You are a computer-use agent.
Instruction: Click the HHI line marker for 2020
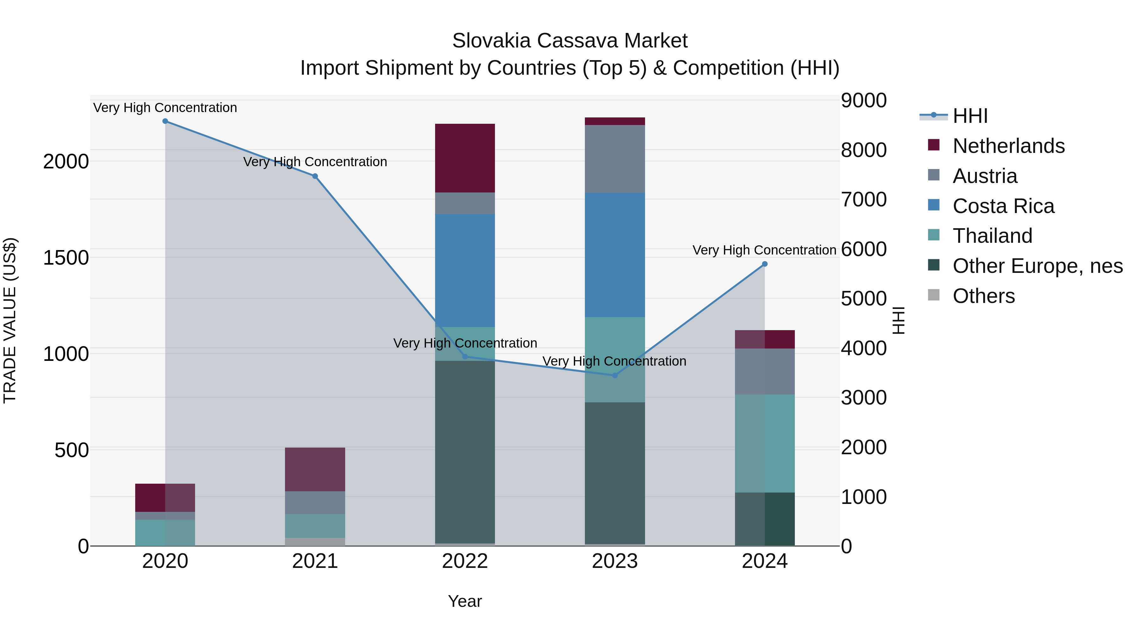[x=165, y=121]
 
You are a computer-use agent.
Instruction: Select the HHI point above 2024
[x=765, y=264]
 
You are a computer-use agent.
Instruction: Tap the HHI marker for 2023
[x=615, y=375]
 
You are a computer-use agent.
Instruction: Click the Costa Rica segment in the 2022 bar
[x=465, y=270]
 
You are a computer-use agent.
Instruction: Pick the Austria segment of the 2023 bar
[x=615, y=159]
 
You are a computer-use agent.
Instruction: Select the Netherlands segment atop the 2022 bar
[x=465, y=158]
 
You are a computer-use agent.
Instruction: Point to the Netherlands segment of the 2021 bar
[x=315, y=469]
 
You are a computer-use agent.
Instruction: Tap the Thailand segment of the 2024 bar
[x=765, y=443]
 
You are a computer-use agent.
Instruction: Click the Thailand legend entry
[x=992, y=236]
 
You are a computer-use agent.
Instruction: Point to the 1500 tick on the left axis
[x=66, y=257]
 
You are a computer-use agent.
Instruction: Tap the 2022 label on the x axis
[x=465, y=561]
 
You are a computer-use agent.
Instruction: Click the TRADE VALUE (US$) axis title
[x=10, y=320]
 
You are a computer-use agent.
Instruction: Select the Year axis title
[x=465, y=601]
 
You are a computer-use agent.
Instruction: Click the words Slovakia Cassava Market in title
[x=570, y=41]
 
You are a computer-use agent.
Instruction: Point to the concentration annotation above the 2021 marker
[x=315, y=162]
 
